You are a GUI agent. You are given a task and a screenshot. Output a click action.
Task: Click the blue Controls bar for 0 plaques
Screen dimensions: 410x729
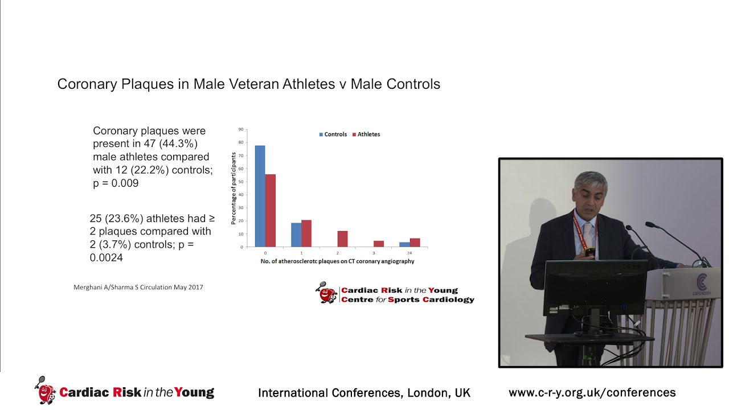point(260,196)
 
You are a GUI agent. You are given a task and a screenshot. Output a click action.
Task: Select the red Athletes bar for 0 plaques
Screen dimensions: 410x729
point(270,210)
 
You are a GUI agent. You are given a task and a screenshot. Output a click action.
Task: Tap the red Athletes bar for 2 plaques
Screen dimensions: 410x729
point(342,239)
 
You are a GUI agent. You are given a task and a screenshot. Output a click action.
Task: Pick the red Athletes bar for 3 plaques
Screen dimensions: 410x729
point(379,244)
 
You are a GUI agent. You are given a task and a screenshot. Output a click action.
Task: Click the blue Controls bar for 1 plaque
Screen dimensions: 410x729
point(296,235)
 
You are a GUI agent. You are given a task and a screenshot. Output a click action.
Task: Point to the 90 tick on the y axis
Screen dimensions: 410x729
point(241,129)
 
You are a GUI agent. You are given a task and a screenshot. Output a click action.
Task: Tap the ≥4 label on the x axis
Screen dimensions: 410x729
point(409,252)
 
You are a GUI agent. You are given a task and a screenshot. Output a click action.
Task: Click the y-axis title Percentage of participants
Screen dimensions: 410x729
point(234,188)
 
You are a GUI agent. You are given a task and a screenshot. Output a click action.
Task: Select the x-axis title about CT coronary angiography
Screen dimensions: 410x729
point(337,261)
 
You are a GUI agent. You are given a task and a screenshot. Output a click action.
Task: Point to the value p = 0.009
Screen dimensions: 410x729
point(116,183)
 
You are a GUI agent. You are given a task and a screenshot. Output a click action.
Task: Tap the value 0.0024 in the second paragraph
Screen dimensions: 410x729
point(106,258)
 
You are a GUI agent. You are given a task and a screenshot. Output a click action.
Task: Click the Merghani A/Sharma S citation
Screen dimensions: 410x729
point(138,287)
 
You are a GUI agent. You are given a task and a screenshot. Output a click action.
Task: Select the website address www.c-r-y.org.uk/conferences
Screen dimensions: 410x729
point(592,392)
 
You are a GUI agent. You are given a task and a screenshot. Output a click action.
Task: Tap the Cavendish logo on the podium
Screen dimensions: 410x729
point(701,284)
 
